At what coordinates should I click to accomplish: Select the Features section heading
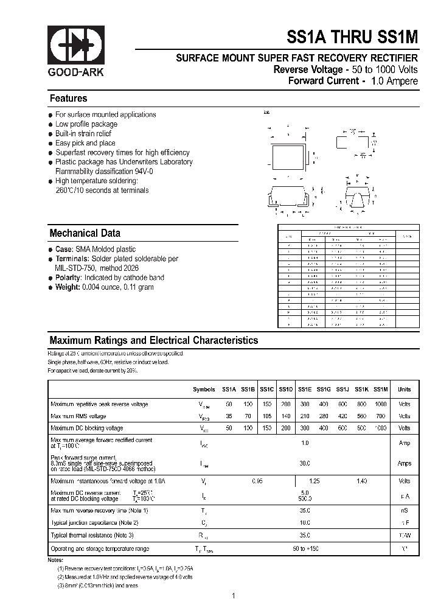point(68,99)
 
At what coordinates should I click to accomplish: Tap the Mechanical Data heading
point(85,233)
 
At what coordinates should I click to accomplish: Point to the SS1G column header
point(323,390)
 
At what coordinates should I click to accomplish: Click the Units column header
point(404,390)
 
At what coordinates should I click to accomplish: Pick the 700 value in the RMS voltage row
point(380,416)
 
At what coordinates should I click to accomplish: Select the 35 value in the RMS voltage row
point(229,416)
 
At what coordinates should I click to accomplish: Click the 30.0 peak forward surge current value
point(305,463)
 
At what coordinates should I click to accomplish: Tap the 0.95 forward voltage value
point(257,481)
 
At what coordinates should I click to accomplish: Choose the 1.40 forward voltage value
point(361,481)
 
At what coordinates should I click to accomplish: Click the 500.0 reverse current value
point(305,497)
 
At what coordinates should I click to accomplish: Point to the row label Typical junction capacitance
point(95,522)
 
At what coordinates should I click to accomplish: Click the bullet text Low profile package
point(86,124)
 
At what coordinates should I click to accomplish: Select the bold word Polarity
point(68,278)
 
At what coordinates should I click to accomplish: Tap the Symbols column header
point(204,390)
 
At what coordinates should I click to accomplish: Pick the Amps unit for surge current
point(404,463)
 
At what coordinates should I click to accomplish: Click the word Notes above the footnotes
point(56,559)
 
